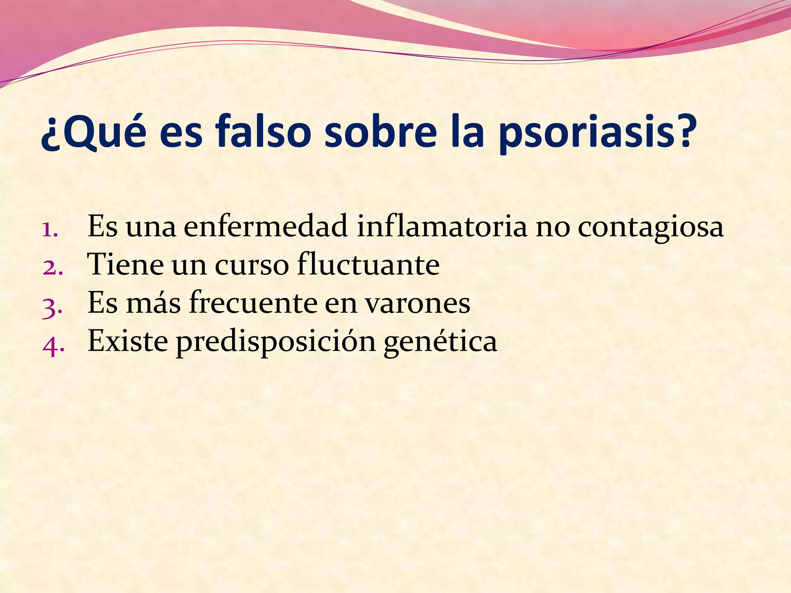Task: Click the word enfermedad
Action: pyautogui.click(x=266, y=227)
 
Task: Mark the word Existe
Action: pyautogui.click(x=128, y=341)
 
